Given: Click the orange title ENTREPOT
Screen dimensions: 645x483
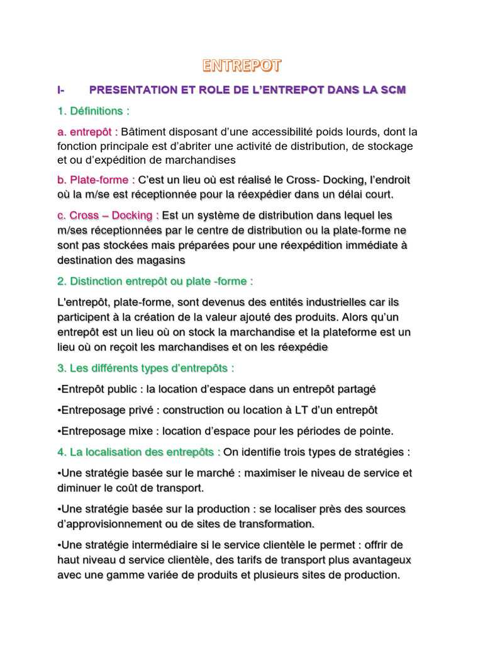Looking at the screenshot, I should (241, 66).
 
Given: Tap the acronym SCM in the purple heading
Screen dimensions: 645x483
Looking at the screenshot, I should (393, 90).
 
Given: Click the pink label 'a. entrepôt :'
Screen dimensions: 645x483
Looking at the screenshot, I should (87, 132).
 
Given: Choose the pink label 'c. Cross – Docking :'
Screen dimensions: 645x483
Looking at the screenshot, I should (108, 216).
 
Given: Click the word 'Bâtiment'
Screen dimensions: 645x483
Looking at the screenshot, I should (144, 132).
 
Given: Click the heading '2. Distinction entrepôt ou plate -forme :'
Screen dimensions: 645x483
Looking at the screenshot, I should (155, 281).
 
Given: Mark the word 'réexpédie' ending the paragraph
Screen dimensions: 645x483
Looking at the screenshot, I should (305, 347).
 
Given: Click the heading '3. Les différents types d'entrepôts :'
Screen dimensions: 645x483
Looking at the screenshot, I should (145, 368).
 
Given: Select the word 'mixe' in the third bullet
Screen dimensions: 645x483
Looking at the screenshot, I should (146, 431).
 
